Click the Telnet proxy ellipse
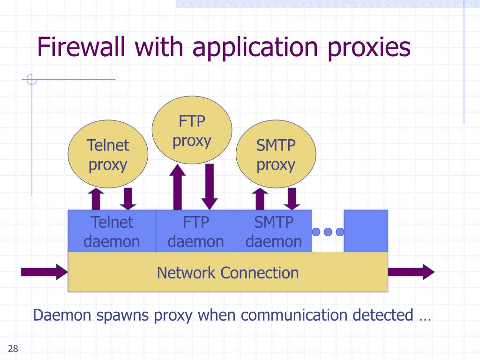coord(108,154)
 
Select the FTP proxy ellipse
coord(192,130)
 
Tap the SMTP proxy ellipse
coord(276,154)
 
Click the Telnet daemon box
coord(112,231)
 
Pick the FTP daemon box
coord(196,231)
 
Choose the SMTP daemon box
coord(274,231)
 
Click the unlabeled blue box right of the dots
coord(366,231)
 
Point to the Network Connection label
coord(228,272)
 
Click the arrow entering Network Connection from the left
coord(45,272)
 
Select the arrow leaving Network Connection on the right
coord(411,272)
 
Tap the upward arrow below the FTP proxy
coord(178,187)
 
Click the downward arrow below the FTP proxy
coord(210,187)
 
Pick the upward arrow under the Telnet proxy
coord(96,199)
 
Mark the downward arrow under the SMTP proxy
coord(292,199)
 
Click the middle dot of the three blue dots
coord(328,232)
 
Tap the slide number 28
coord(13,348)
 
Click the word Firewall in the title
coord(81,47)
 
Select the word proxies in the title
coord(369,48)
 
